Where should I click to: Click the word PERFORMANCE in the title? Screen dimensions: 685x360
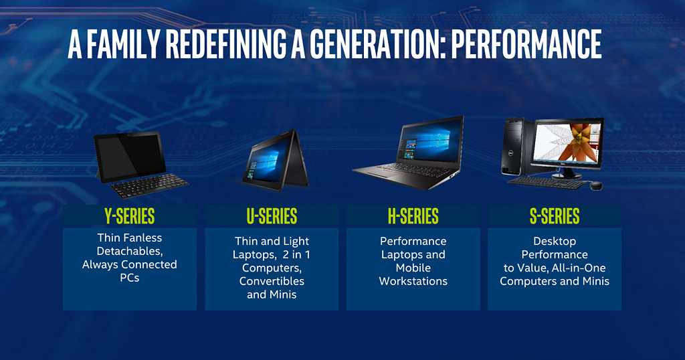coord(526,44)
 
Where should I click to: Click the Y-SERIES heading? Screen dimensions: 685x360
coord(129,216)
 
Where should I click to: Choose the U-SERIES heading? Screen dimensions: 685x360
coord(272,216)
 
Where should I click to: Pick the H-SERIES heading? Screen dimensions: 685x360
coord(413,216)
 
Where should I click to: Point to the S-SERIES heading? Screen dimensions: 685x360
coord(555,216)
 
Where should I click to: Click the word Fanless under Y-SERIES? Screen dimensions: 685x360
coord(142,238)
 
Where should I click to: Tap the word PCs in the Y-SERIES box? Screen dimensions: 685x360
coord(130,278)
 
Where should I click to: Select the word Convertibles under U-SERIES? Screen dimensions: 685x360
coord(272,281)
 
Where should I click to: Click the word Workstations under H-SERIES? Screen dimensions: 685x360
coord(413,281)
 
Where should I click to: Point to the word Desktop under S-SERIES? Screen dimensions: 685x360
coord(555,241)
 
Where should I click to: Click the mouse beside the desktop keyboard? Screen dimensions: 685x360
coord(596,185)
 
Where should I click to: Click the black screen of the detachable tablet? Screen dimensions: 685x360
coord(129,155)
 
